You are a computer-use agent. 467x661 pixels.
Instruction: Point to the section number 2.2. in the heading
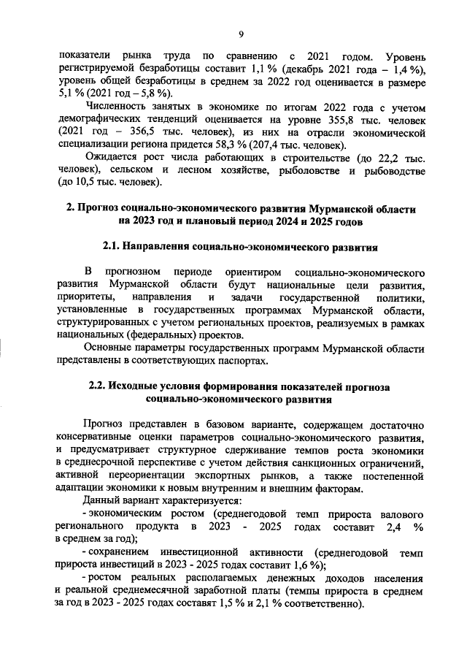tap(101, 386)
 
